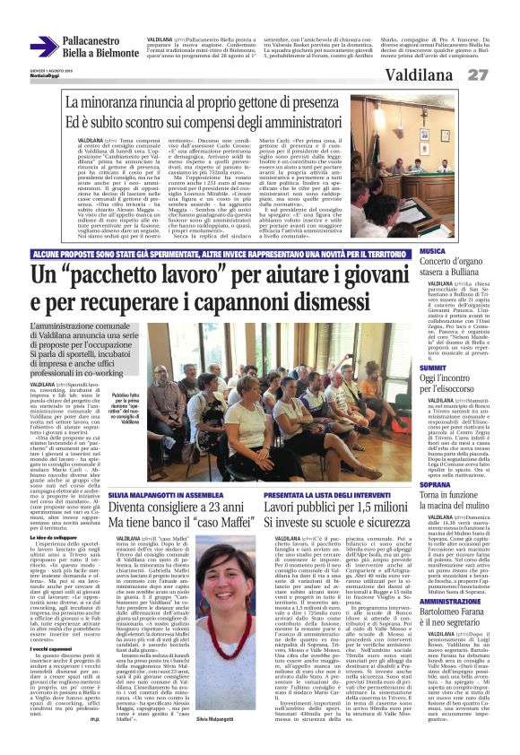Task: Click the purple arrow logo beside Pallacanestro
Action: [44, 47]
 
